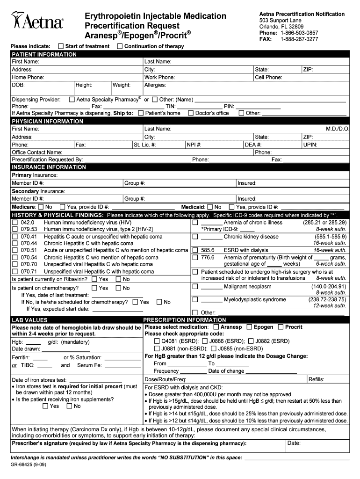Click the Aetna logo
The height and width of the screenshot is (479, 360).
(37, 21)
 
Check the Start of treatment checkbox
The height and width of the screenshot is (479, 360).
(61, 46)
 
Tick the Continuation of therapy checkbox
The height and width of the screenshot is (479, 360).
(120, 46)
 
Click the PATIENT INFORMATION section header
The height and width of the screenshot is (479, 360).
(44, 54)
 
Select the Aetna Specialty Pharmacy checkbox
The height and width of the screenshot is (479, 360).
(72, 100)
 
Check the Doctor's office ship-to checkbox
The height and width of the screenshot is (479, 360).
(191, 113)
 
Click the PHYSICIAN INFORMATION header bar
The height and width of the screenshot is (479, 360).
(48, 121)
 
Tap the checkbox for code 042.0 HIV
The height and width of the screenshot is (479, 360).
(15, 223)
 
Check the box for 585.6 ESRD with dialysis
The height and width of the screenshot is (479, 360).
(195, 250)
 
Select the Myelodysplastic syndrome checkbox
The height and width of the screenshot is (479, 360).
(195, 299)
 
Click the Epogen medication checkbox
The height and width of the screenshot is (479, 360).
(250, 327)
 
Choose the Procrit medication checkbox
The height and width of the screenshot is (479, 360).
(281, 327)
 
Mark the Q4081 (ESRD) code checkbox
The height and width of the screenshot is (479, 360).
(157, 341)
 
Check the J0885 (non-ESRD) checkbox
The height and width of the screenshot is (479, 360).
(214, 348)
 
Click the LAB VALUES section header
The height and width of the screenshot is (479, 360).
(29, 320)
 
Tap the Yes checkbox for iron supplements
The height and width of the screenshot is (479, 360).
(45, 406)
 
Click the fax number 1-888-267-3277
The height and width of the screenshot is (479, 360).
(299, 39)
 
